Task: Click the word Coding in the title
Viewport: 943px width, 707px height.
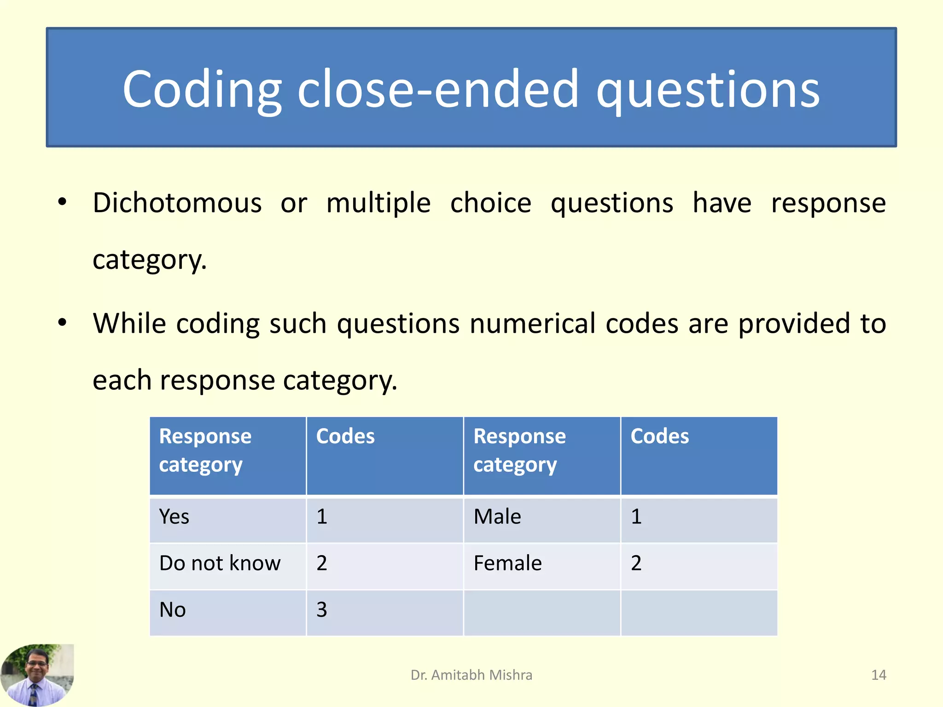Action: [x=202, y=90]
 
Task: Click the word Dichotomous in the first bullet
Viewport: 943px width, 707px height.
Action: [x=177, y=203]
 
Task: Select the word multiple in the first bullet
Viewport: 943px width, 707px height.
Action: [x=378, y=203]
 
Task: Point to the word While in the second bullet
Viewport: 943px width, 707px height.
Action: [x=129, y=323]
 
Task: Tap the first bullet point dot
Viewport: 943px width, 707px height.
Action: [x=62, y=202]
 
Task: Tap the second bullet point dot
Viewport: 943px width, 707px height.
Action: [x=62, y=323]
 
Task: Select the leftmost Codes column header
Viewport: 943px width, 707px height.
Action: [x=345, y=436]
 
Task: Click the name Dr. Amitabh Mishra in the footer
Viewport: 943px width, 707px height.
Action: [x=471, y=675]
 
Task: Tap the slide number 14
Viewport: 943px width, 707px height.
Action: [x=878, y=675]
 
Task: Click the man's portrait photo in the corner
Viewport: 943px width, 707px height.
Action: [x=37, y=675]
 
